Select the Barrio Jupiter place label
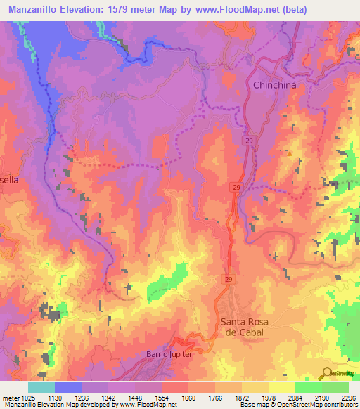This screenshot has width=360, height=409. coord(169,353)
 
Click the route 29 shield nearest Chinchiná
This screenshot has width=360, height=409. coord(249,141)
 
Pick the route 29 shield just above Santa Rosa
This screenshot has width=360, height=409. coord(229,280)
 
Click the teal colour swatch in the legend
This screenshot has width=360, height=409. coord(41,387)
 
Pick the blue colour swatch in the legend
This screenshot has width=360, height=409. coord(68,387)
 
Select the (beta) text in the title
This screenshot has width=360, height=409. coord(304,8)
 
